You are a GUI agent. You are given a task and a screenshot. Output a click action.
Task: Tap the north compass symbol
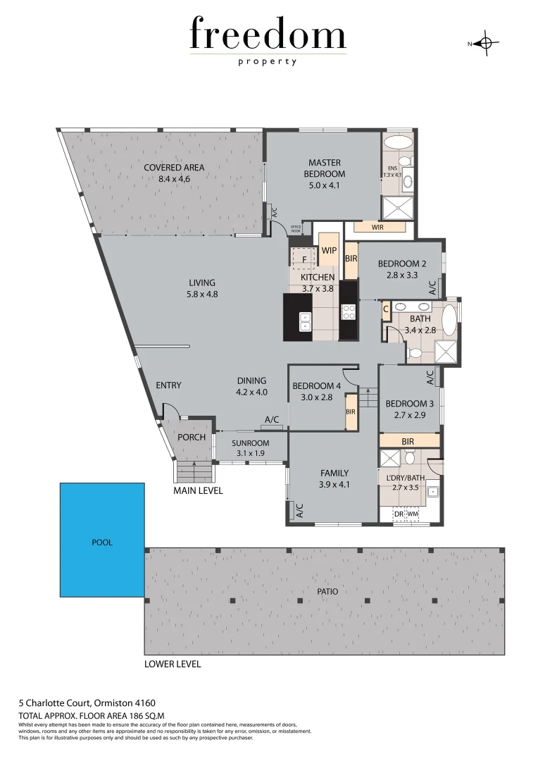pyautogui.click(x=484, y=44)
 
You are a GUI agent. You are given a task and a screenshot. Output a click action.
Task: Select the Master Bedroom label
pyautogui.click(x=324, y=168)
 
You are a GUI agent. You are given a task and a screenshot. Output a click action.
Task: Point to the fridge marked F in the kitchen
pyautogui.click(x=304, y=259)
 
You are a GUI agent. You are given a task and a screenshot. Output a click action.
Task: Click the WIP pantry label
pyautogui.click(x=329, y=251)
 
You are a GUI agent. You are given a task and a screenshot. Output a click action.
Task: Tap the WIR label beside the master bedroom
pyautogui.click(x=378, y=227)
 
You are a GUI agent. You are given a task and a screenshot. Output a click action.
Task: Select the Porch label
pyautogui.click(x=192, y=438)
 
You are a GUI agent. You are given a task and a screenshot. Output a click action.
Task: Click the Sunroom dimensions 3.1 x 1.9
pyautogui.click(x=251, y=453)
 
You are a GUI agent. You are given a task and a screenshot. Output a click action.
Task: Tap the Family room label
pyautogui.click(x=334, y=474)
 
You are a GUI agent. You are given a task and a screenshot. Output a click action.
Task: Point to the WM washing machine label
pyautogui.click(x=413, y=515)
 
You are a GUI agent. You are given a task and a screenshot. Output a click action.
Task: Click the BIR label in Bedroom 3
pyautogui.click(x=408, y=441)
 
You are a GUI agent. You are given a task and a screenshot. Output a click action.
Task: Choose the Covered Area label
pyautogui.click(x=174, y=168)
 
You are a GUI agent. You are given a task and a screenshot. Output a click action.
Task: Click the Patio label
pyautogui.click(x=327, y=592)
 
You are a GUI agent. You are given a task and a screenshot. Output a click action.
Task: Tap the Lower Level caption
pyautogui.click(x=173, y=664)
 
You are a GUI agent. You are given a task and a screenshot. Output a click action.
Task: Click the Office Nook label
pyautogui.click(x=296, y=229)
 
